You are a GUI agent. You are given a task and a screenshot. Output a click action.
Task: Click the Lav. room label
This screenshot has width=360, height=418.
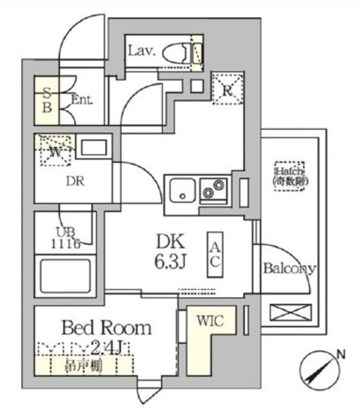pos(141,50)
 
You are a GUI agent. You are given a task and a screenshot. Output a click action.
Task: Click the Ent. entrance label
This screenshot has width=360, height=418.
pos(82,101)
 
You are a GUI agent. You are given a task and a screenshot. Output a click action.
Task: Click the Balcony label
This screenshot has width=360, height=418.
pos(289,268)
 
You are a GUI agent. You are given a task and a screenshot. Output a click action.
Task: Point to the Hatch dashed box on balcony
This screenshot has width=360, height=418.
pos(290,174)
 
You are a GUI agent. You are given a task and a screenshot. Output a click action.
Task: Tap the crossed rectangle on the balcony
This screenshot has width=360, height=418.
pos(289,312)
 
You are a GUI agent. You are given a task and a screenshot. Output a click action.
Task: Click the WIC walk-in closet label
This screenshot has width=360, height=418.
pos(210,321)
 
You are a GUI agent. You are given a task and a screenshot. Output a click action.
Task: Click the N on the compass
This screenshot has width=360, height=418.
pos(340,355)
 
